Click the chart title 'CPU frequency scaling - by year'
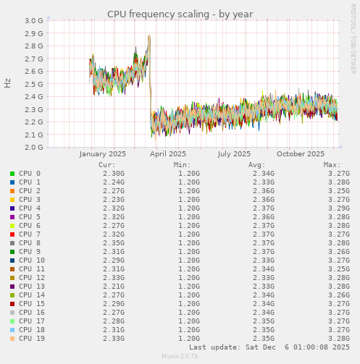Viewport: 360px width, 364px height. click(x=180, y=14)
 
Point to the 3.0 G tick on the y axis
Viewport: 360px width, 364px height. click(x=34, y=21)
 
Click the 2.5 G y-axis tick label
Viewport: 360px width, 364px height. click(x=34, y=84)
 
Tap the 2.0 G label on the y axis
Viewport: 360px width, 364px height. click(x=34, y=148)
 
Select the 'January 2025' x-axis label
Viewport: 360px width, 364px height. click(x=102, y=154)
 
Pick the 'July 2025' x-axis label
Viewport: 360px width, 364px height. click(x=233, y=154)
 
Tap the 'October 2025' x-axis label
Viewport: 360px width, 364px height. click(x=301, y=154)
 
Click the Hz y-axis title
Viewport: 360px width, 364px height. click(x=8, y=83)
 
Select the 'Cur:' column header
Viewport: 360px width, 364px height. click(x=106, y=165)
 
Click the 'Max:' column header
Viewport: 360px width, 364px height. click(x=332, y=165)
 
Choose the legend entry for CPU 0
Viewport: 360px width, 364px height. click(x=29, y=174)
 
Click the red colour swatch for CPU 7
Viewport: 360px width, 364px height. click(x=12, y=234)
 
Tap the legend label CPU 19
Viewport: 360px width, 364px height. click(x=31, y=339)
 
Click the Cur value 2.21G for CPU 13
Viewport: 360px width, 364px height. click(x=114, y=287)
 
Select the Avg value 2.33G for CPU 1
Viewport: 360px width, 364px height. click(x=264, y=182)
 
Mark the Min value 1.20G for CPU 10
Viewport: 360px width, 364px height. click(x=189, y=261)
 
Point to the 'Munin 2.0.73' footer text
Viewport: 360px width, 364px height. click(x=180, y=357)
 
